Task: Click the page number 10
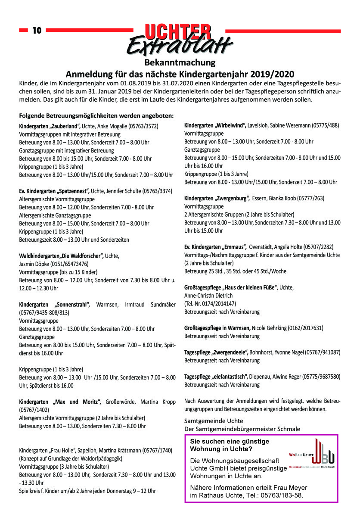pyautogui.click(x=37, y=31)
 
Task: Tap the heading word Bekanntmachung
pyautogui.click(x=180, y=63)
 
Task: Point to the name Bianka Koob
pyautogui.click(x=285, y=198)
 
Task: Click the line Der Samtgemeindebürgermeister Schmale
pyautogui.click(x=242, y=429)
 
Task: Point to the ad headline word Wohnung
pyautogui.click(x=205, y=449)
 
